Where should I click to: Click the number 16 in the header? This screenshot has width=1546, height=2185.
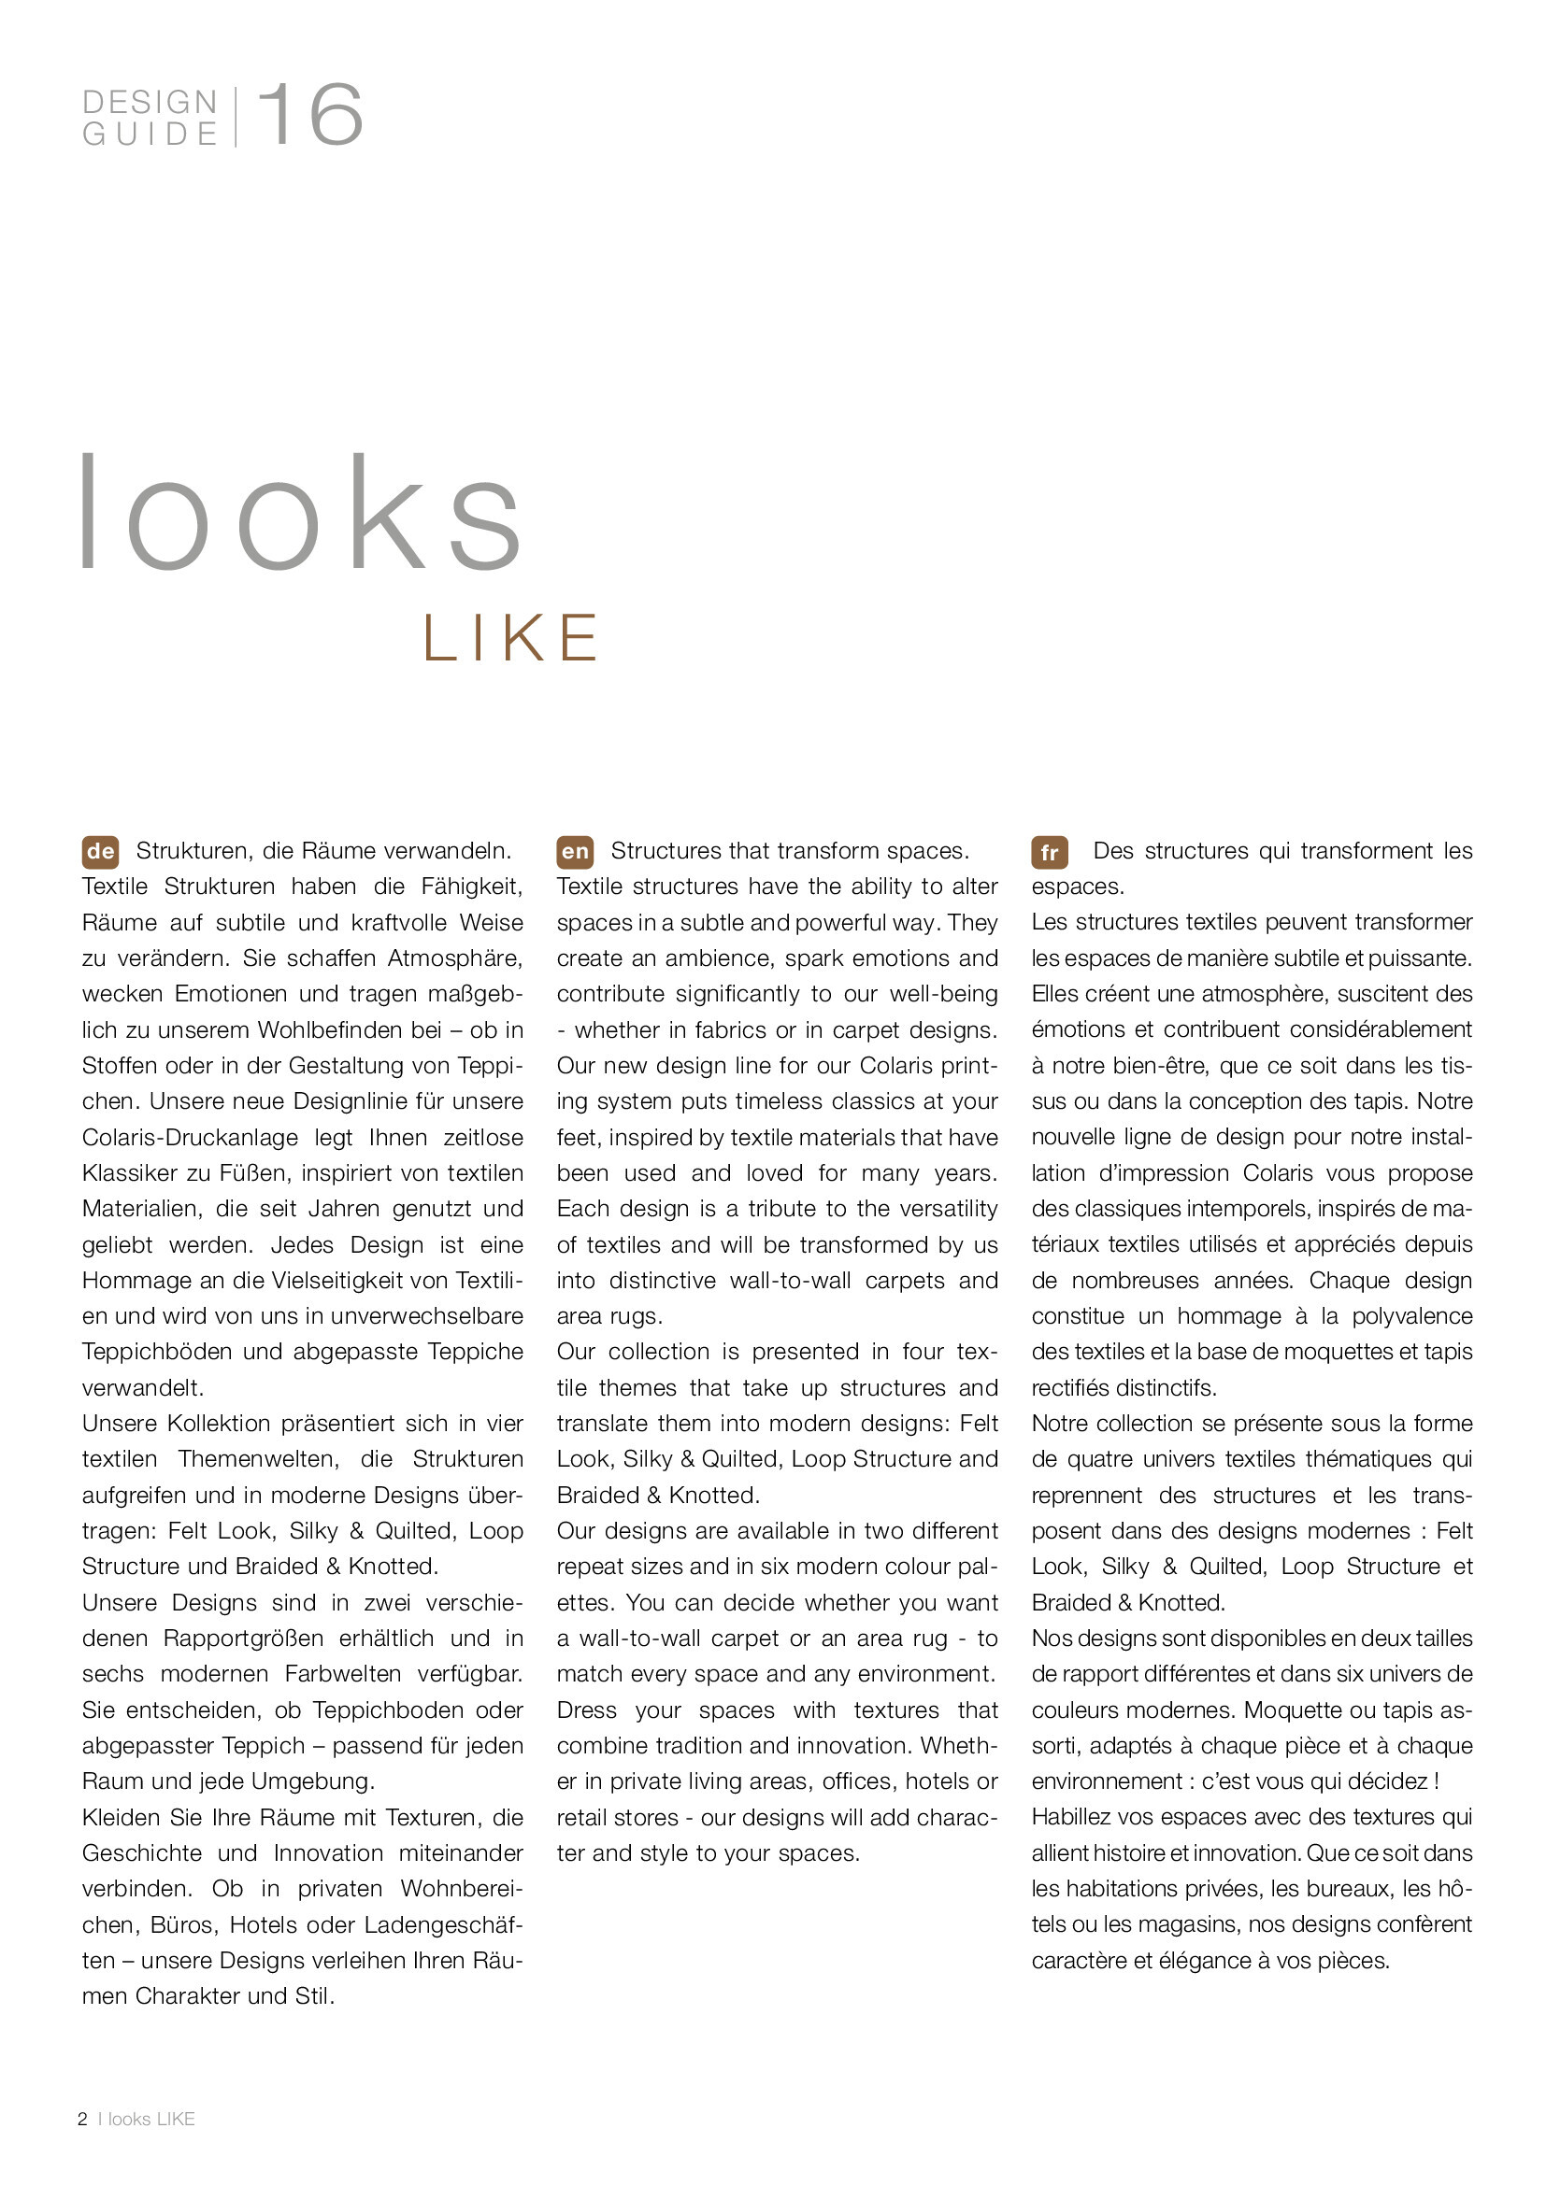click(310, 115)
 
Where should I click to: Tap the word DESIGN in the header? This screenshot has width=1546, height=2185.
click(150, 102)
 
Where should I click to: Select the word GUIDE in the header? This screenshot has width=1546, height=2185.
click(150, 135)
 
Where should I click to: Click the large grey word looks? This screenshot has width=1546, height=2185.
click(300, 514)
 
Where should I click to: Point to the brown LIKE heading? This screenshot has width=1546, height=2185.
click(511, 638)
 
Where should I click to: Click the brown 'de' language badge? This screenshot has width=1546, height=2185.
click(101, 852)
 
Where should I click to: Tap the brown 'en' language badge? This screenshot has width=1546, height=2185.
click(575, 852)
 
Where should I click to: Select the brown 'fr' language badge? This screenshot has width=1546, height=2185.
click(1049, 852)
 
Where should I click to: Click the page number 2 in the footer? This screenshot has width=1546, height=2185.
click(83, 2119)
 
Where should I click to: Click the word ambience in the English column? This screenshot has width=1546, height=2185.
click(718, 958)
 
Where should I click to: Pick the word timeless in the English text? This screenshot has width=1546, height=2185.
click(778, 1102)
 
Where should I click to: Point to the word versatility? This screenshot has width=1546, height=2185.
click(935, 1210)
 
